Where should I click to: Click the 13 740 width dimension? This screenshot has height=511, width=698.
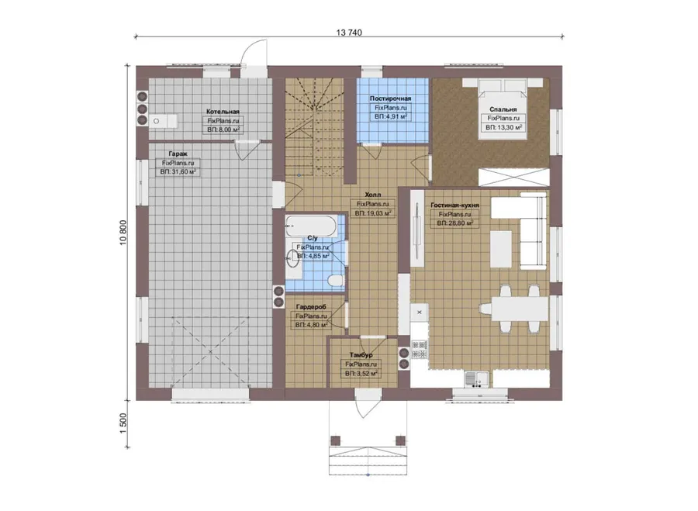tap(349, 33)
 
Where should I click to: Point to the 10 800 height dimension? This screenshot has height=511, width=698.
tap(123, 232)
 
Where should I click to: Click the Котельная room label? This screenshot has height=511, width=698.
tap(223, 112)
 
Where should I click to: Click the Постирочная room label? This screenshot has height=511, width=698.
tap(390, 98)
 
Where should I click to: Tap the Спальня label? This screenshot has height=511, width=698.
tap(503, 109)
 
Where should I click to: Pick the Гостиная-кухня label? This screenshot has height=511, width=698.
tap(455, 205)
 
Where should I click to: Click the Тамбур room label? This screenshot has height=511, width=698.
tap(361, 355)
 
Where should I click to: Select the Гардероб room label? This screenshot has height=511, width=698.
tap(311, 307)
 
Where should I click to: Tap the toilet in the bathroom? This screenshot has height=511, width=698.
tap(335, 281)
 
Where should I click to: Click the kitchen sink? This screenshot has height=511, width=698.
tap(476, 380)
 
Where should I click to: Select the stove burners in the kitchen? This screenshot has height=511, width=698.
tap(420, 350)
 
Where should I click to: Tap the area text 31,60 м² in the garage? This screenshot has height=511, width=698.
tap(178, 172)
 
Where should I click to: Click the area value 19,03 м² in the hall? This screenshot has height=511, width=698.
tap(373, 213)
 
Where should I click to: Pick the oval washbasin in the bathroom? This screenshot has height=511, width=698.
tap(292, 258)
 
